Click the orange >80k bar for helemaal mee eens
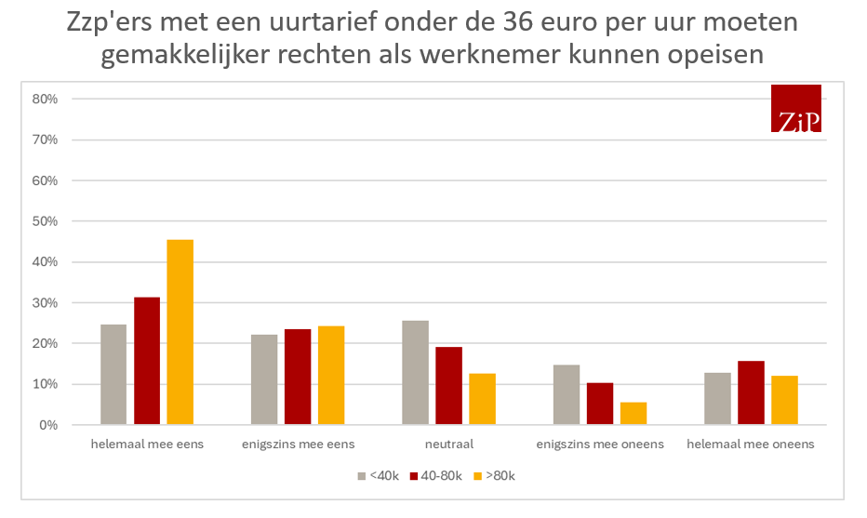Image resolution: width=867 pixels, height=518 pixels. point(180,332)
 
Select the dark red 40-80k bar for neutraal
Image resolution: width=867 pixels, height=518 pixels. point(448,386)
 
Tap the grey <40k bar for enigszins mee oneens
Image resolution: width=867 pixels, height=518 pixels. point(566,394)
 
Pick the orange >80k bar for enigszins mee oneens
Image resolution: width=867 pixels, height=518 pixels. point(634,414)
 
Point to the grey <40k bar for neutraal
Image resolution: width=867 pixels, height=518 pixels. point(415,372)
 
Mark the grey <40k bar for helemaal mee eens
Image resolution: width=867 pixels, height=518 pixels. point(113,374)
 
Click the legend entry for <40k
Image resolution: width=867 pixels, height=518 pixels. point(379,476)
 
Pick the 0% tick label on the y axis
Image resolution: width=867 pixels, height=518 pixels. point(48,425)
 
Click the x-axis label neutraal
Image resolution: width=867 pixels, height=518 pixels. point(449,445)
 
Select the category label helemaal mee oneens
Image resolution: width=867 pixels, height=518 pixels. point(751,445)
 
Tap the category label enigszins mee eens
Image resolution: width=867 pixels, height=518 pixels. point(298,445)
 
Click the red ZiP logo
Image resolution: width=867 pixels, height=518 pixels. point(796,108)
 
